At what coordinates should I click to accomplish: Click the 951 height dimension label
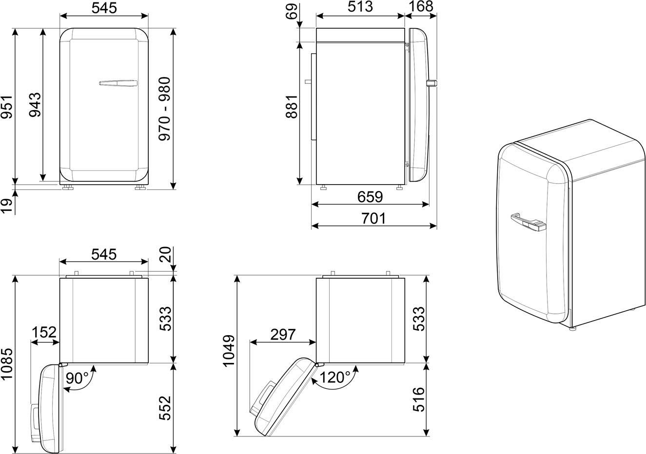(x=7, y=107)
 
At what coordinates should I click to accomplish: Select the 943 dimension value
(x=35, y=105)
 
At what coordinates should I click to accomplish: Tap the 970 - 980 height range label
(x=165, y=109)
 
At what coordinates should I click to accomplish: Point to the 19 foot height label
(x=7, y=206)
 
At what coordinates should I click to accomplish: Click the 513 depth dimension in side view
(x=360, y=7)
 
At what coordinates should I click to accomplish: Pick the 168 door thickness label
(x=421, y=7)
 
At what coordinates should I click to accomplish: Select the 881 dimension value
(x=292, y=106)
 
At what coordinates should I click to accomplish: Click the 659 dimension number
(x=371, y=197)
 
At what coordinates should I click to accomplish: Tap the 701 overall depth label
(x=373, y=218)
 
